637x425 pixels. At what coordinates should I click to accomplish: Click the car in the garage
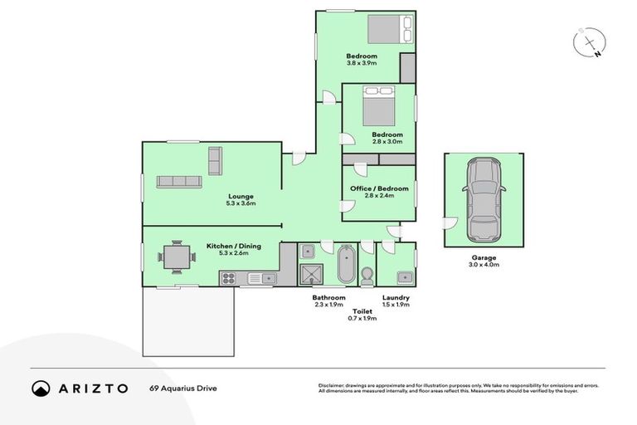[484, 199]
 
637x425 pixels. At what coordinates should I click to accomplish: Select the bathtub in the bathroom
[347, 265]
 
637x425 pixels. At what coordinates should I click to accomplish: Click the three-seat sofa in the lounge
[179, 181]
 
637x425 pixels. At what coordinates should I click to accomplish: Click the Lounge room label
[241, 197]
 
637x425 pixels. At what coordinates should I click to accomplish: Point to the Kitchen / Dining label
[230, 246]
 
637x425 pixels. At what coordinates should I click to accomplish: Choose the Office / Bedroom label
[379, 188]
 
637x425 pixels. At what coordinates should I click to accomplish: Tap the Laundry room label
[396, 297]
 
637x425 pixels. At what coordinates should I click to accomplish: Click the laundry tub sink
[404, 277]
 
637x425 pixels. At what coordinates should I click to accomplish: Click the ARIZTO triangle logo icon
[41, 388]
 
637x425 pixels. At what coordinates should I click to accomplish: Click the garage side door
[449, 222]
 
